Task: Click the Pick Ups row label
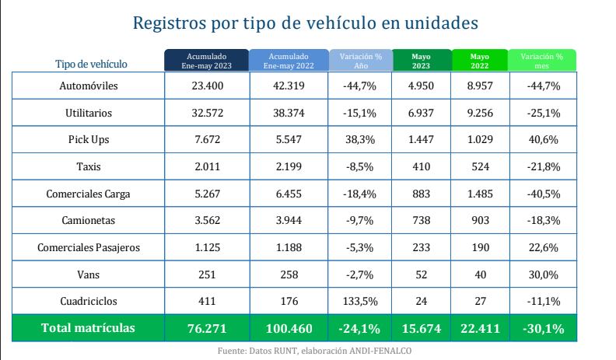click(89, 140)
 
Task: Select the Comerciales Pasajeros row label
click(89, 248)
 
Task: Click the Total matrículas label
click(89, 329)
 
